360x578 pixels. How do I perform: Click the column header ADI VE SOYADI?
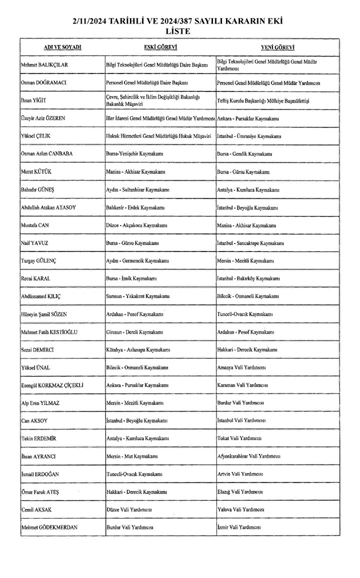click(x=62, y=47)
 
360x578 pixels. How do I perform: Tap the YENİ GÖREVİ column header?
click(x=277, y=47)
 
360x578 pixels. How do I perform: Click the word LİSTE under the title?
click(x=181, y=31)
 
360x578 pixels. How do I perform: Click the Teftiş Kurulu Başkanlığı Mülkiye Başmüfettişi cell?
click(x=264, y=100)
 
